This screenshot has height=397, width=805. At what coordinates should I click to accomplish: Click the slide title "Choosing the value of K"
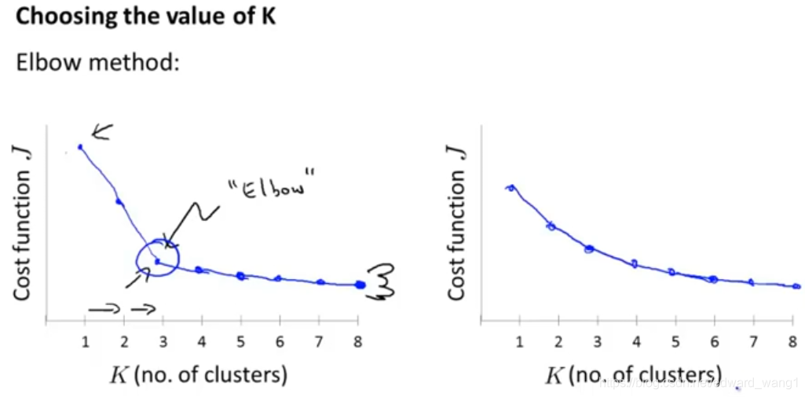[x=146, y=18]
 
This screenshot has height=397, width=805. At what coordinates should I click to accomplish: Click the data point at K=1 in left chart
[x=80, y=146]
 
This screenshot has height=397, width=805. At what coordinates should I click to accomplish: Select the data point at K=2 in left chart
[x=119, y=202]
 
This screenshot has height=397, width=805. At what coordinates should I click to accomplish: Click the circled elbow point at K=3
[x=157, y=260]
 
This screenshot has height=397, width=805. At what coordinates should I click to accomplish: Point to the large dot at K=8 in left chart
[x=360, y=285]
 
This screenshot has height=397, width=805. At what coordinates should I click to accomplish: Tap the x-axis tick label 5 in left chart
[x=241, y=340]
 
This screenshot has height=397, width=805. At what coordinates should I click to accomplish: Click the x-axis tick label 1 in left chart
[x=85, y=340]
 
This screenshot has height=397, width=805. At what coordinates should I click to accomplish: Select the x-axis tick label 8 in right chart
[x=792, y=340]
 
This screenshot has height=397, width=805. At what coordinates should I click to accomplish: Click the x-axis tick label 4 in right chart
[x=636, y=340]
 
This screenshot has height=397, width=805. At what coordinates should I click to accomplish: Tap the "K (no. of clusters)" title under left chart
[x=197, y=375]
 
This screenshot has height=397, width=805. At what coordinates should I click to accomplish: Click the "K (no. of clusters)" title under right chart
[x=632, y=375]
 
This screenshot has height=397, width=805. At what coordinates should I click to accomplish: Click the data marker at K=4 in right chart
[x=634, y=263]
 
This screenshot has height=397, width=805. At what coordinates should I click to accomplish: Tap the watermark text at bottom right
[x=699, y=383]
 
